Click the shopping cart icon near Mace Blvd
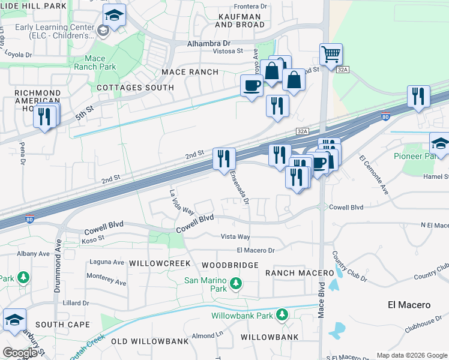pos(331,55)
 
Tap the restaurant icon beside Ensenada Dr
pos(224,158)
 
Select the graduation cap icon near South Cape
pos(14,320)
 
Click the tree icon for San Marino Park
pos(236,282)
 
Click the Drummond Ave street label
pos(58,265)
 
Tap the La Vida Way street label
pos(181,202)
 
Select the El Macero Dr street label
pos(255,250)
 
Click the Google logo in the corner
pos(20,352)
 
